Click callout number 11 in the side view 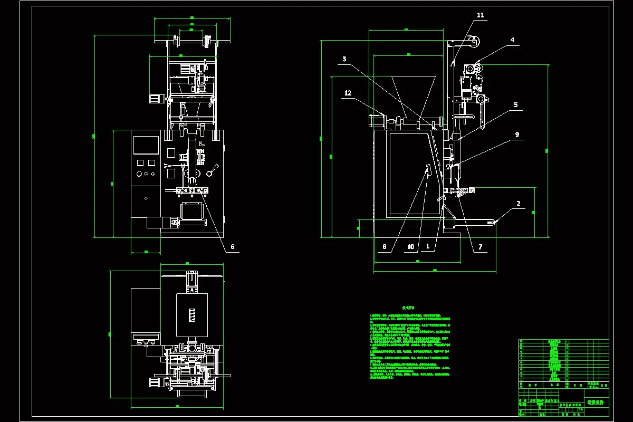pos(480,15)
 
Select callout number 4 pos(512,40)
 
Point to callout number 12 pos(348,93)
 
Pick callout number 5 pos(516,105)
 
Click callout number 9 pos(517,135)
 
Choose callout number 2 pos(519,203)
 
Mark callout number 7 pos(480,246)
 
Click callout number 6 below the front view pos(232,246)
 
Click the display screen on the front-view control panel pos(146,145)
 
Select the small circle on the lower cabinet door pos(146,198)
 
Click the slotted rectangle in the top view pos(191,315)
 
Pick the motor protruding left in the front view pos(155,99)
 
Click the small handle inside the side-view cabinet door pos(427,170)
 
